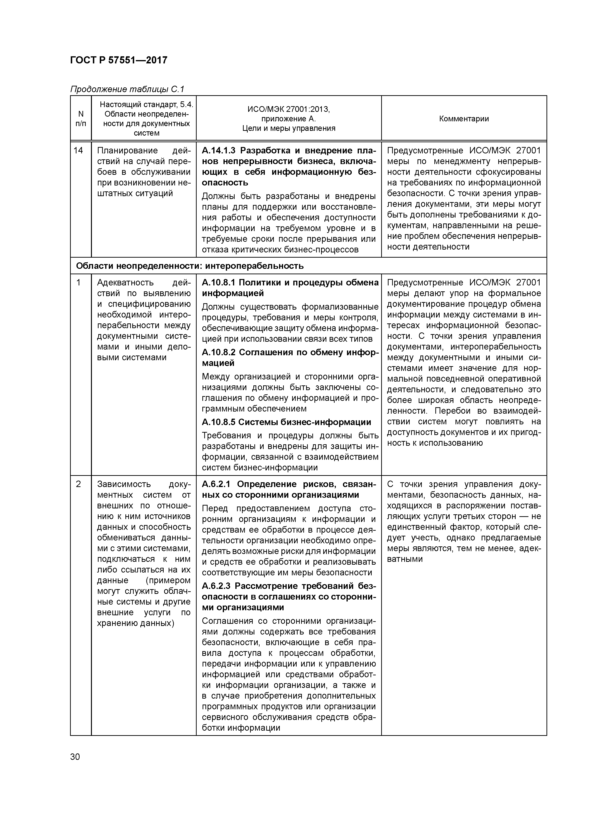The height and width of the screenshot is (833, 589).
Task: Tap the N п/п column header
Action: (x=81, y=119)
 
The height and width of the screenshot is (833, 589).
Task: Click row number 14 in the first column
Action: (x=78, y=151)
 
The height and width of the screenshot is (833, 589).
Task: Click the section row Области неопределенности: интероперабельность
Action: (x=190, y=266)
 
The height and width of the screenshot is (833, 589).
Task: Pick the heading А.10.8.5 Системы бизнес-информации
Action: (x=286, y=422)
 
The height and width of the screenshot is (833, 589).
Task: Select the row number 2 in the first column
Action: (x=78, y=484)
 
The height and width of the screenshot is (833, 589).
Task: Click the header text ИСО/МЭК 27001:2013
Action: (x=289, y=109)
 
